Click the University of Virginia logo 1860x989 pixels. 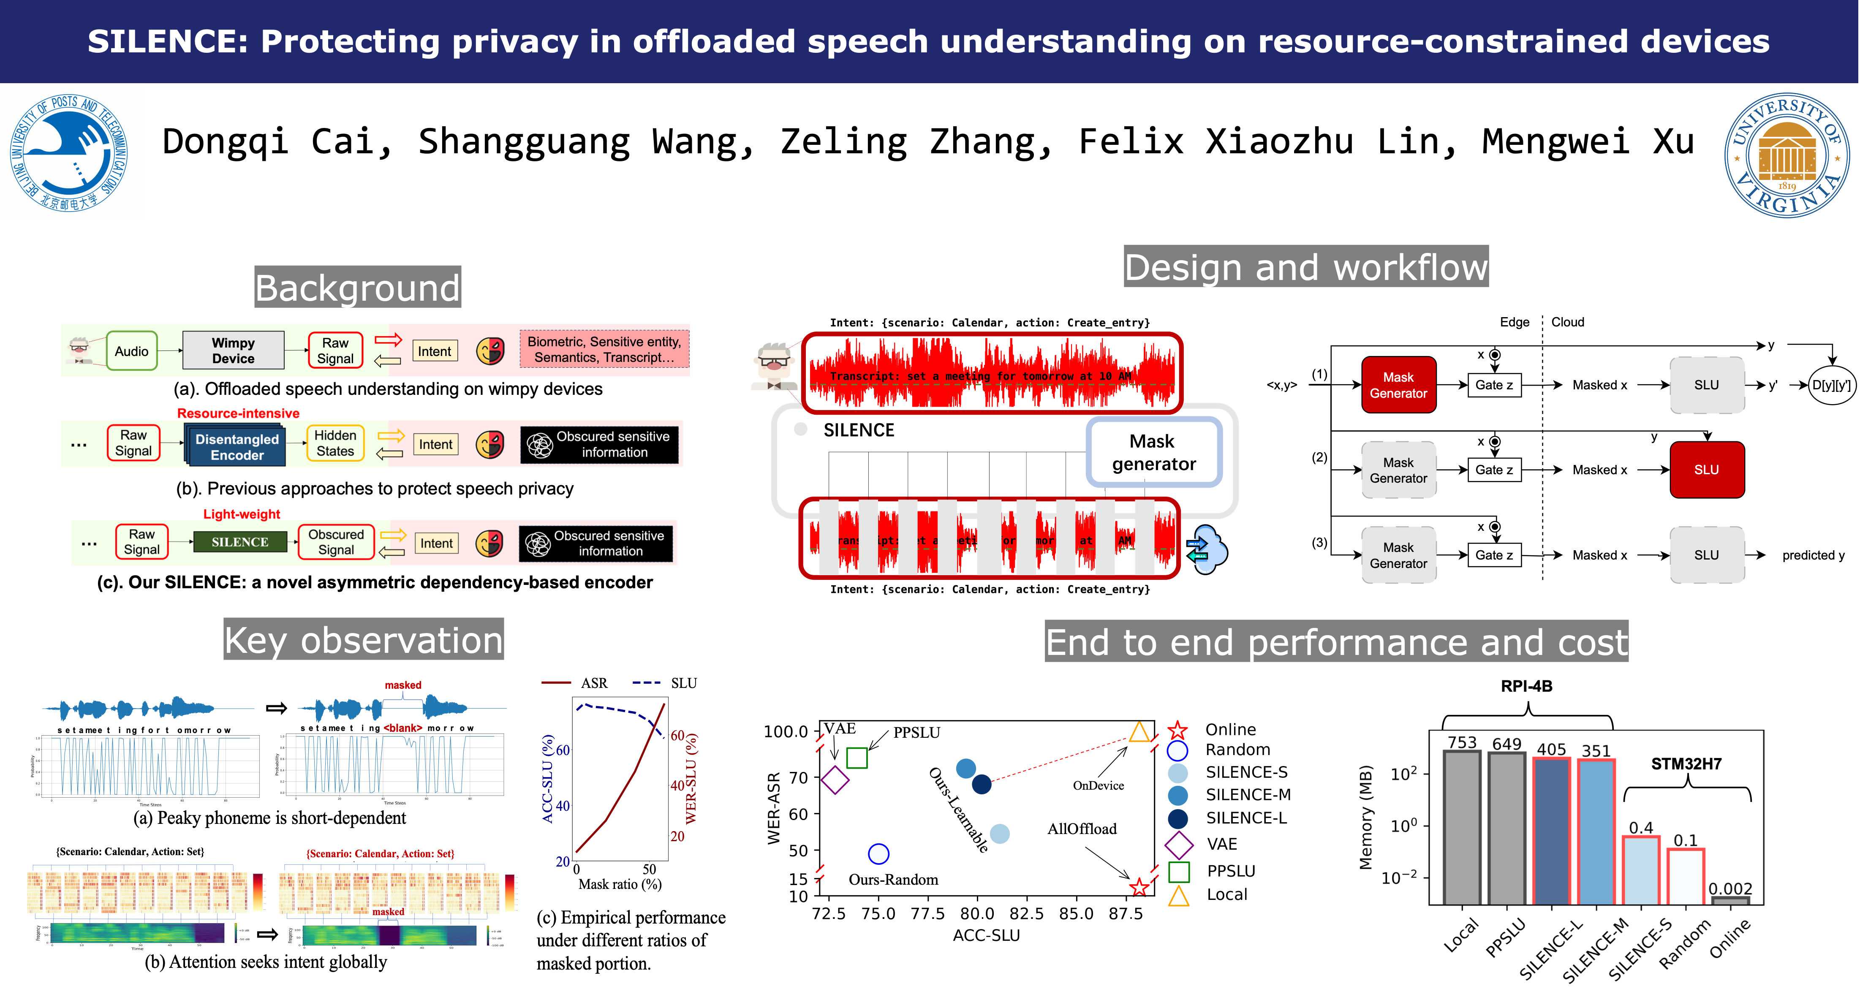(x=1787, y=155)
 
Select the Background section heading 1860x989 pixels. (x=357, y=287)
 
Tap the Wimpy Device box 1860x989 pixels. (x=233, y=351)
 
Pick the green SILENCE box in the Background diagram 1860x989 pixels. (x=240, y=542)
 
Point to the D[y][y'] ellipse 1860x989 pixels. (x=1831, y=385)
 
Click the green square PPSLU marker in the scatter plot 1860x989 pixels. (x=857, y=758)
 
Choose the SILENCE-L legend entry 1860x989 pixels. (x=1245, y=818)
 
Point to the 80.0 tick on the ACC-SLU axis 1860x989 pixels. (x=977, y=913)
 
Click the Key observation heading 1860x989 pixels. (x=363, y=640)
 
